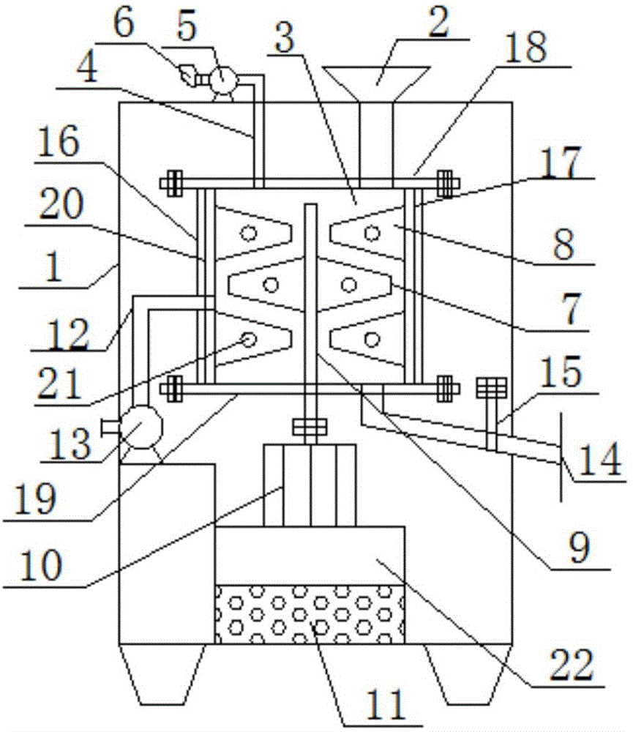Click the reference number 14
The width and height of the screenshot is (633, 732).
pyautogui.click(x=598, y=459)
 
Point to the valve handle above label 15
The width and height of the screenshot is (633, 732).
pyautogui.click(x=487, y=387)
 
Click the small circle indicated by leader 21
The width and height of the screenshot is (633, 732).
pyautogui.click(x=249, y=339)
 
